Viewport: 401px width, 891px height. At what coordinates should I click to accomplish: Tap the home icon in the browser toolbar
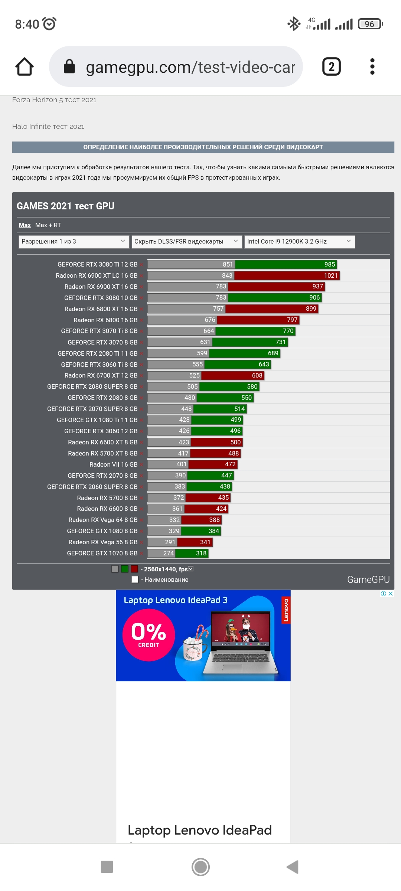coord(25,67)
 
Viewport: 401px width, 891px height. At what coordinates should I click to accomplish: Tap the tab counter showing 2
coord(331,67)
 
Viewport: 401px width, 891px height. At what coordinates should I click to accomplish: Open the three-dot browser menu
coord(372,67)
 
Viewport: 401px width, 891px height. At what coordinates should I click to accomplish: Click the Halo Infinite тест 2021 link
coord(48,127)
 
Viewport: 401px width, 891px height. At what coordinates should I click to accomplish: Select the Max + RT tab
coord(48,225)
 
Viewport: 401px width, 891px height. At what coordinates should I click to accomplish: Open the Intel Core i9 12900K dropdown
coord(299,242)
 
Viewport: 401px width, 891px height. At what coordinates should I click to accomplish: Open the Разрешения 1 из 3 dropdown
coord(74,242)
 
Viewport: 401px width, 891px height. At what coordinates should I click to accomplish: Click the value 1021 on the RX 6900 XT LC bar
coord(330,275)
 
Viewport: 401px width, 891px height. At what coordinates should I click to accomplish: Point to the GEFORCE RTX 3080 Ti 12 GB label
coord(97,264)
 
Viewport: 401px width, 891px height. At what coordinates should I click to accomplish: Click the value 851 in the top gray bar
coord(228,264)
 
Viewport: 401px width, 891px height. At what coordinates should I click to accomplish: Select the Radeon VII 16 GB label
coord(113,464)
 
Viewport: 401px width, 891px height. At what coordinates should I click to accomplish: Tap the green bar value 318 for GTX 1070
coord(201,553)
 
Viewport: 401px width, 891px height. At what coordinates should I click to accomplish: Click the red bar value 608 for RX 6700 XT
coord(257,375)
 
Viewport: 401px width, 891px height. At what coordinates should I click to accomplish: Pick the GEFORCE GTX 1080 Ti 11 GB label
coord(97,420)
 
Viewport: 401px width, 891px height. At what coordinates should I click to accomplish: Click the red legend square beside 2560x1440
coord(134,569)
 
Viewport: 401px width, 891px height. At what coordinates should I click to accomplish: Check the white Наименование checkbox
coord(135,580)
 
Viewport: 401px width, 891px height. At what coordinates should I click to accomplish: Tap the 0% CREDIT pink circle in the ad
coord(149,635)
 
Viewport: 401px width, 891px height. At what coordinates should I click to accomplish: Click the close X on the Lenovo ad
coord(391,594)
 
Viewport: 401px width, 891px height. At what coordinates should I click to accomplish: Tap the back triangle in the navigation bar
coord(293,867)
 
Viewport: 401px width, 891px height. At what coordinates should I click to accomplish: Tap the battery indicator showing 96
coord(370,24)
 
